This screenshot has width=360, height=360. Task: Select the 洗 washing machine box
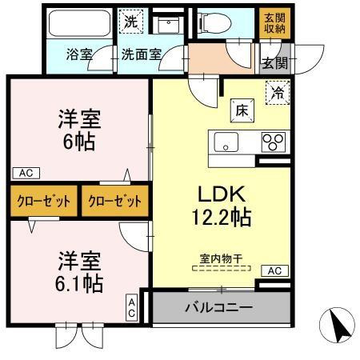(130, 22)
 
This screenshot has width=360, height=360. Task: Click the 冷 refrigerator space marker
(277, 92)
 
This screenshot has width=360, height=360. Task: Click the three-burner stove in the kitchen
(273, 143)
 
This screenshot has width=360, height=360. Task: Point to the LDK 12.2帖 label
(213, 204)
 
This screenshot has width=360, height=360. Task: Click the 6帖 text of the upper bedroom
(78, 140)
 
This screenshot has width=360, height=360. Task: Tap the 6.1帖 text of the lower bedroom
(78, 272)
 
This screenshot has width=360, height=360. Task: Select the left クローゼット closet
(44, 200)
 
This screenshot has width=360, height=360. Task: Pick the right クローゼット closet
(114, 200)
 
